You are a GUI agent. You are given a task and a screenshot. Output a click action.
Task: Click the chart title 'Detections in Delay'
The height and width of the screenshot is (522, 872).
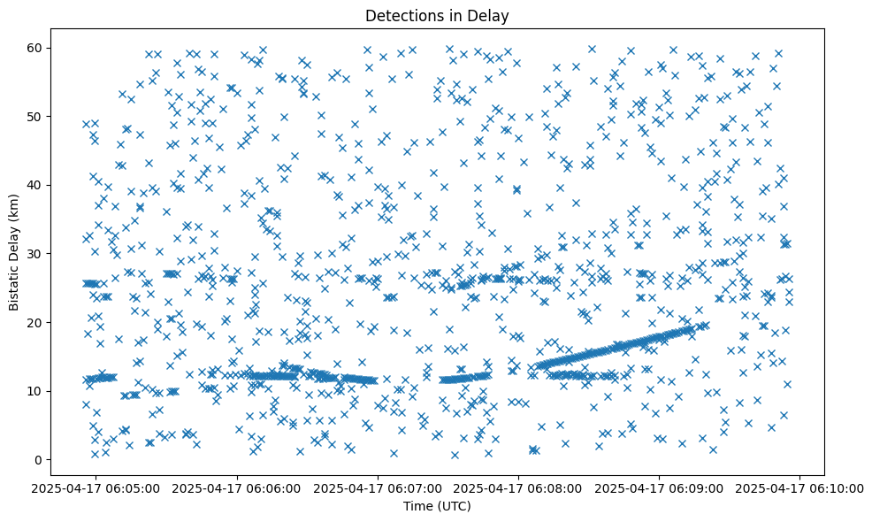coord(437,15)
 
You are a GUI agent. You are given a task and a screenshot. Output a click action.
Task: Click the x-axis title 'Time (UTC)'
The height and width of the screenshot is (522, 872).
coord(437,506)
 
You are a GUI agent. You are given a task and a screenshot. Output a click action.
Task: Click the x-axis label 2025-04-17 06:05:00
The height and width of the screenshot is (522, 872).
coord(97,487)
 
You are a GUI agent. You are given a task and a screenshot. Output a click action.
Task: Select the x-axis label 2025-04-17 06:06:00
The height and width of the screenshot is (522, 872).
coord(238,487)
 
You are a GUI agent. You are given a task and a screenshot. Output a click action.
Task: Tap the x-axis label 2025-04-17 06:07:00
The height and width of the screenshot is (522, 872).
coord(379,487)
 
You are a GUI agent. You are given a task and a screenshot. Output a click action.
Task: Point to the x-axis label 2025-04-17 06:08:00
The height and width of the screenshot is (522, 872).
coord(519,487)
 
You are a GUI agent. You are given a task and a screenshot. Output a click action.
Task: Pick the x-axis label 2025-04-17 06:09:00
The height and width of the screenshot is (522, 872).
coord(660,487)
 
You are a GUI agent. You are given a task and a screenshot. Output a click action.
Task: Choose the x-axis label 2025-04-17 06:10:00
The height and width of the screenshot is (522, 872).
coord(800,487)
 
